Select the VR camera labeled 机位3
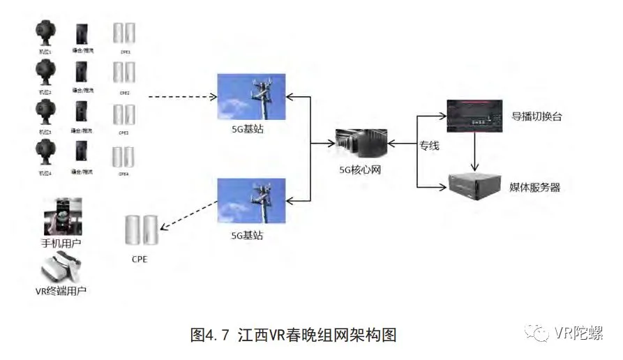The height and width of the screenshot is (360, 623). [45, 114]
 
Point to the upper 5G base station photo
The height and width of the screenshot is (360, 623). [252, 96]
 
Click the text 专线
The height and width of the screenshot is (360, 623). [429, 147]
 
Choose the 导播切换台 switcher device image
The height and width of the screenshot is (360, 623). [475, 114]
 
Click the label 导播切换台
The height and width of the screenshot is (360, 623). [536, 116]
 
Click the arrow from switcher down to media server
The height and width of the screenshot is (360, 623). [475, 151]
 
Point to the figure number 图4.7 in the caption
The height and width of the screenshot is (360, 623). [209, 335]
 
